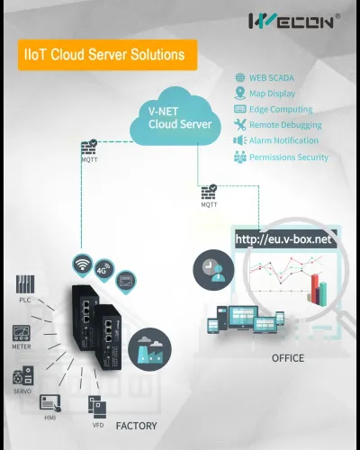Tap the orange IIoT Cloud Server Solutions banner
coord(107,55)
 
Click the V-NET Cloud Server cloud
coord(175,116)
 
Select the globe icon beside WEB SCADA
coord(240,77)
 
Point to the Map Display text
coord(272,94)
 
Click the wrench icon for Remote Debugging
coord(240,124)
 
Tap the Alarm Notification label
coord(283,140)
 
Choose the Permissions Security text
coord(289,157)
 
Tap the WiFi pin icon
coord(83,265)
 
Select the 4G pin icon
coord(103,270)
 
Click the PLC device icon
coord(25,284)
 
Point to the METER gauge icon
coord(22,333)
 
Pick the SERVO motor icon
coord(22,375)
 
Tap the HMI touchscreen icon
coord(50,403)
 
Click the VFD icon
coord(97,407)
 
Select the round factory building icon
coord(149,350)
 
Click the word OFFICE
coord(288,358)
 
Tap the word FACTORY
coord(137,426)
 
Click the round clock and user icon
coord(213,270)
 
